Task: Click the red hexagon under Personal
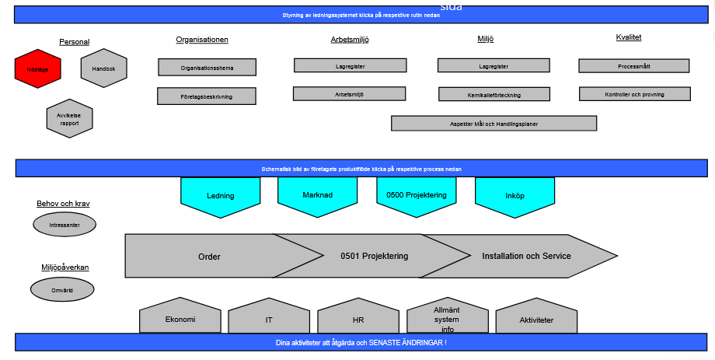pos(37,69)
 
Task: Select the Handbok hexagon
pos(103,69)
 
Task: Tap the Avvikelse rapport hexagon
pos(69,119)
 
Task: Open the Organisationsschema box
pos(207,68)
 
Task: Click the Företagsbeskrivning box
pos(207,96)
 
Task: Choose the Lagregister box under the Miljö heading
pos(489,66)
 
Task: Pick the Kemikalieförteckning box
pos(489,95)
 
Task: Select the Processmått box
pos(634,66)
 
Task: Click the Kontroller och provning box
pos(634,94)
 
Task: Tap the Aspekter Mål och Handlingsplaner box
pos(494,124)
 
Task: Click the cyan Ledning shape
pos(221,196)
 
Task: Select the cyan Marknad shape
pos(317,195)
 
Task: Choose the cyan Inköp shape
pos(514,196)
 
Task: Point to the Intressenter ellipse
pos(65,225)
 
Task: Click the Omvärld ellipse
pos(62,290)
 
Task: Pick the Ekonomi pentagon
pos(180,320)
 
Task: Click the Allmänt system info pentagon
pos(447,319)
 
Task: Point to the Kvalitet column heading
pos(629,37)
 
